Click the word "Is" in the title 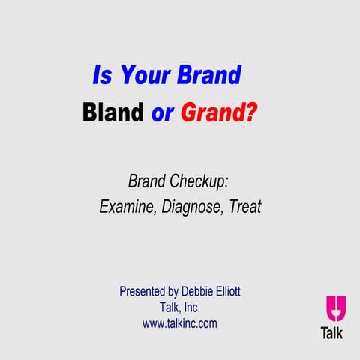100,76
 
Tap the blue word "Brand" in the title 209,76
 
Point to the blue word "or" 163,114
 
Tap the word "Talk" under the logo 331,333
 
